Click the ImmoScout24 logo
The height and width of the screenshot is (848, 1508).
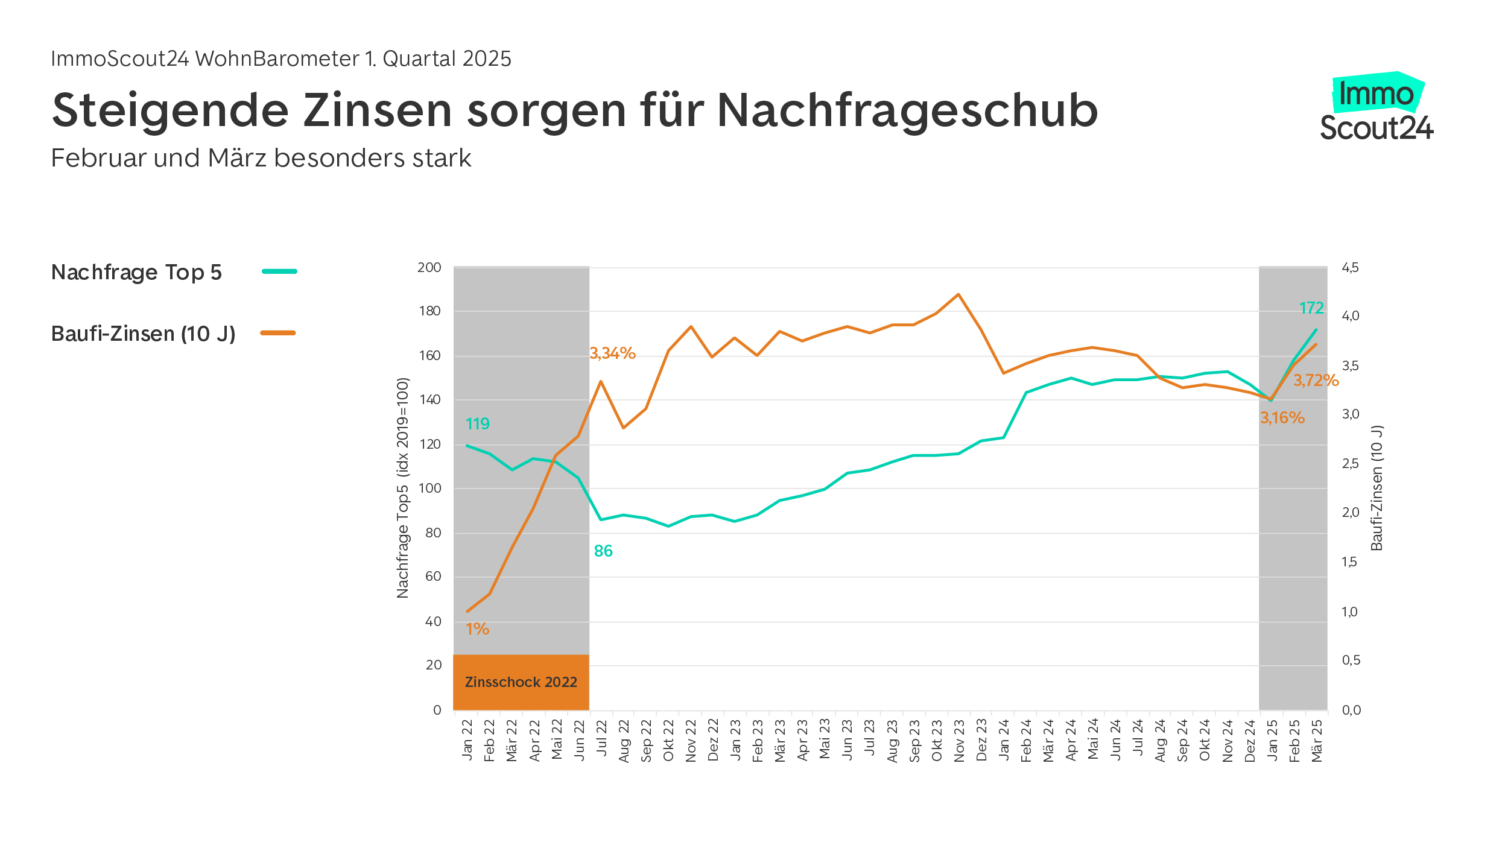pyautogui.click(x=1376, y=109)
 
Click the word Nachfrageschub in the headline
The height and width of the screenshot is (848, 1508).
pyautogui.click(x=907, y=112)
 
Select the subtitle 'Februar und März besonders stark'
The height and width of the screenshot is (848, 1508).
pyautogui.click(x=261, y=158)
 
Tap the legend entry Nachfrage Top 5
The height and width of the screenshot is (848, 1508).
pyautogui.click(x=136, y=273)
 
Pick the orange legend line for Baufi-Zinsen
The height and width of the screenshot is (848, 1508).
pyautogui.click(x=277, y=333)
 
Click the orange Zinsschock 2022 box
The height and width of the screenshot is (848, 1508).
pyautogui.click(x=521, y=682)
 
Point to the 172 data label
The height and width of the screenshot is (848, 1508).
pyautogui.click(x=1311, y=308)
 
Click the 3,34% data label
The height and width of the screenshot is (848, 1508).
pyautogui.click(x=612, y=353)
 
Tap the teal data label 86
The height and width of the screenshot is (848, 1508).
pyautogui.click(x=603, y=551)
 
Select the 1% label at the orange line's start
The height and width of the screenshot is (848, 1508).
pyautogui.click(x=477, y=629)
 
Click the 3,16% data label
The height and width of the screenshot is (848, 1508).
pyautogui.click(x=1282, y=417)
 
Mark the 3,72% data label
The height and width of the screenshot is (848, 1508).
pyautogui.click(x=1316, y=380)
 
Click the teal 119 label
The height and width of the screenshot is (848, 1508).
pyautogui.click(x=477, y=424)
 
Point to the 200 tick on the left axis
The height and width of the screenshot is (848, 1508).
pyautogui.click(x=429, y=267)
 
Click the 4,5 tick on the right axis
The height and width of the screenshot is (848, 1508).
pyautogui.click(x=1350, y=267)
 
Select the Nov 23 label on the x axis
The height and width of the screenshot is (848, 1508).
pyautogui.click(x=959, y=740)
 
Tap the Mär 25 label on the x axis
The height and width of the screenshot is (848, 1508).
pyautogui.click(x=1317, y=740)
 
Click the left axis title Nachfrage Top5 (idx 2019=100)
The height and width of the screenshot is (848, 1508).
pyautogui.click(x=402, y=487)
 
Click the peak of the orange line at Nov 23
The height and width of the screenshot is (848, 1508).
pyautogui.click(x=958, y=294)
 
